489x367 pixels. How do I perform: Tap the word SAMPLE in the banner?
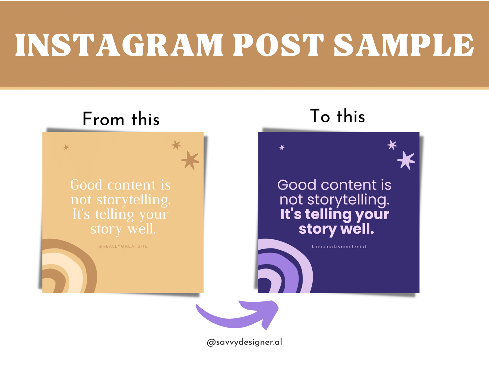pos(404,45)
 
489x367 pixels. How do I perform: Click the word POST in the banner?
pos(278,45)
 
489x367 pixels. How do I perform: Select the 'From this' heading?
pos(121,119)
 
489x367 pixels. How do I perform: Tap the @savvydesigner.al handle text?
pos(244,342)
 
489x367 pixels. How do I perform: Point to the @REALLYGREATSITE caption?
pos(123,246)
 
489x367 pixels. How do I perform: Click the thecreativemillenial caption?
pos(339,246)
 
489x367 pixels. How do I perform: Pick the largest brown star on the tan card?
pos(190,160)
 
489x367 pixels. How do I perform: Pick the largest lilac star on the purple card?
pos(406,160)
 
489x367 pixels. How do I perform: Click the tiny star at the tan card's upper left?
pos(66,147)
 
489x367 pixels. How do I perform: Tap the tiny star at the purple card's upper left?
pos(282,147)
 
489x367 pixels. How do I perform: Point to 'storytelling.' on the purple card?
pos(348,200)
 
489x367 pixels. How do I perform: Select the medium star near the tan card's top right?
pos(176,145)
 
